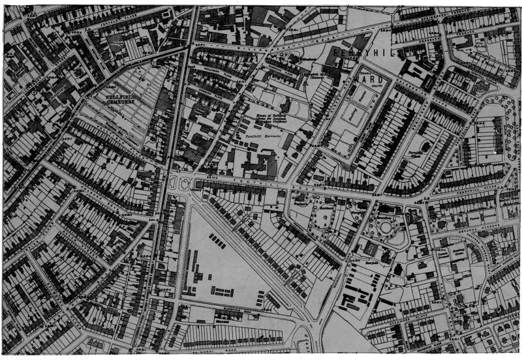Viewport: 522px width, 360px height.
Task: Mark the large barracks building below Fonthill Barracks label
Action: point(258,163)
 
